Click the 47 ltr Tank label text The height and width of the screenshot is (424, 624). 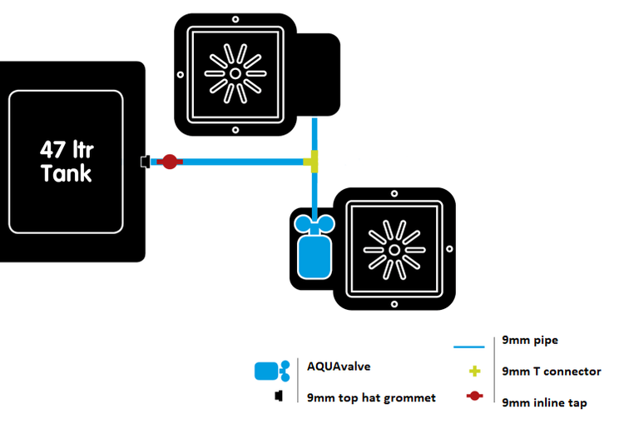point(66,162)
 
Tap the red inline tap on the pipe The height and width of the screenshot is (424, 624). point(169,161)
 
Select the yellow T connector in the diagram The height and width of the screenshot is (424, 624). point(314,161)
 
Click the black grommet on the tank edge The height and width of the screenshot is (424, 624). point(145,161)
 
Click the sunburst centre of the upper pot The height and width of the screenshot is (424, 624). point(235,73)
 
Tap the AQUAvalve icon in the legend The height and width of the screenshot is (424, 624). point(271,371)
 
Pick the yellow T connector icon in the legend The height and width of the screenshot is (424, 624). point(475,372)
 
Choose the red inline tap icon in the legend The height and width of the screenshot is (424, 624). point(475,397)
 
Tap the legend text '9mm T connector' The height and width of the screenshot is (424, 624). point(551,372)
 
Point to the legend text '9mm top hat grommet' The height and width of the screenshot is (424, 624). point(371,397)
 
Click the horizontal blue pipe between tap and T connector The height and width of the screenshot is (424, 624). point(241,161)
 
